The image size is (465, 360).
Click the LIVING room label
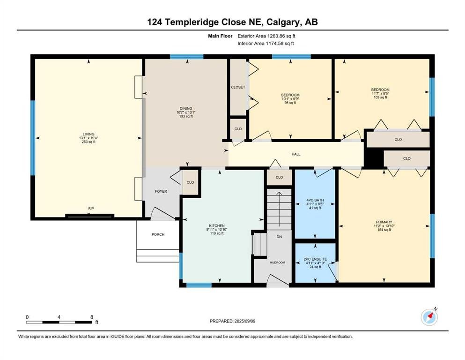tap(89, 134)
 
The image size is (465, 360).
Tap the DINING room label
tap(186, 109)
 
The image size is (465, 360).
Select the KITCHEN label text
tap(217, 226)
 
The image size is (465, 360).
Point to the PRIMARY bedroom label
tap(384, 222)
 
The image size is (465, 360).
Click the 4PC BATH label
tap(315, 200)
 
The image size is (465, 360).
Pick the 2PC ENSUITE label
tap(315, 259)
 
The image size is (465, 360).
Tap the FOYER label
tap(161, 191)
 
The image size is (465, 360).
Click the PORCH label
tap(158, 234)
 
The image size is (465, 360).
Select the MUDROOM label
tap(277, 262)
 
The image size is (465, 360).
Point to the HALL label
tap(296, 154)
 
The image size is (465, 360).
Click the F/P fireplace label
tap(91, 209)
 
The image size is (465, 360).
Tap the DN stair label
tap(279, 237)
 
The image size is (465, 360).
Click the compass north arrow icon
tap(429, 317)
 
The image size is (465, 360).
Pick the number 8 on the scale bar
tap(92, 317)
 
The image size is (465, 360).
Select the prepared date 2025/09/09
tap(244, 321)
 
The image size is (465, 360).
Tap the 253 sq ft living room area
tap(89, 142)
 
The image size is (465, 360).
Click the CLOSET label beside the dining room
tap(238, 87)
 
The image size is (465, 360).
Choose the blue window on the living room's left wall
tap(33, 138)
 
